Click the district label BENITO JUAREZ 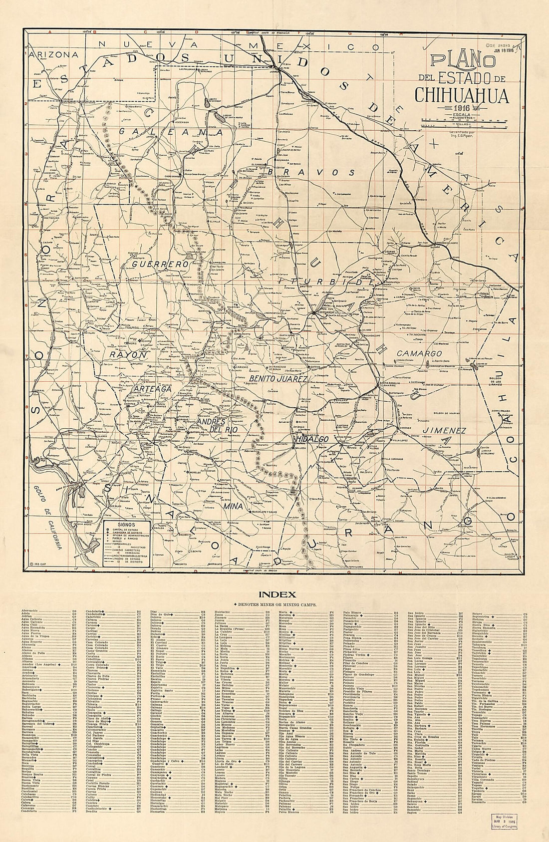click(277, 379)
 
